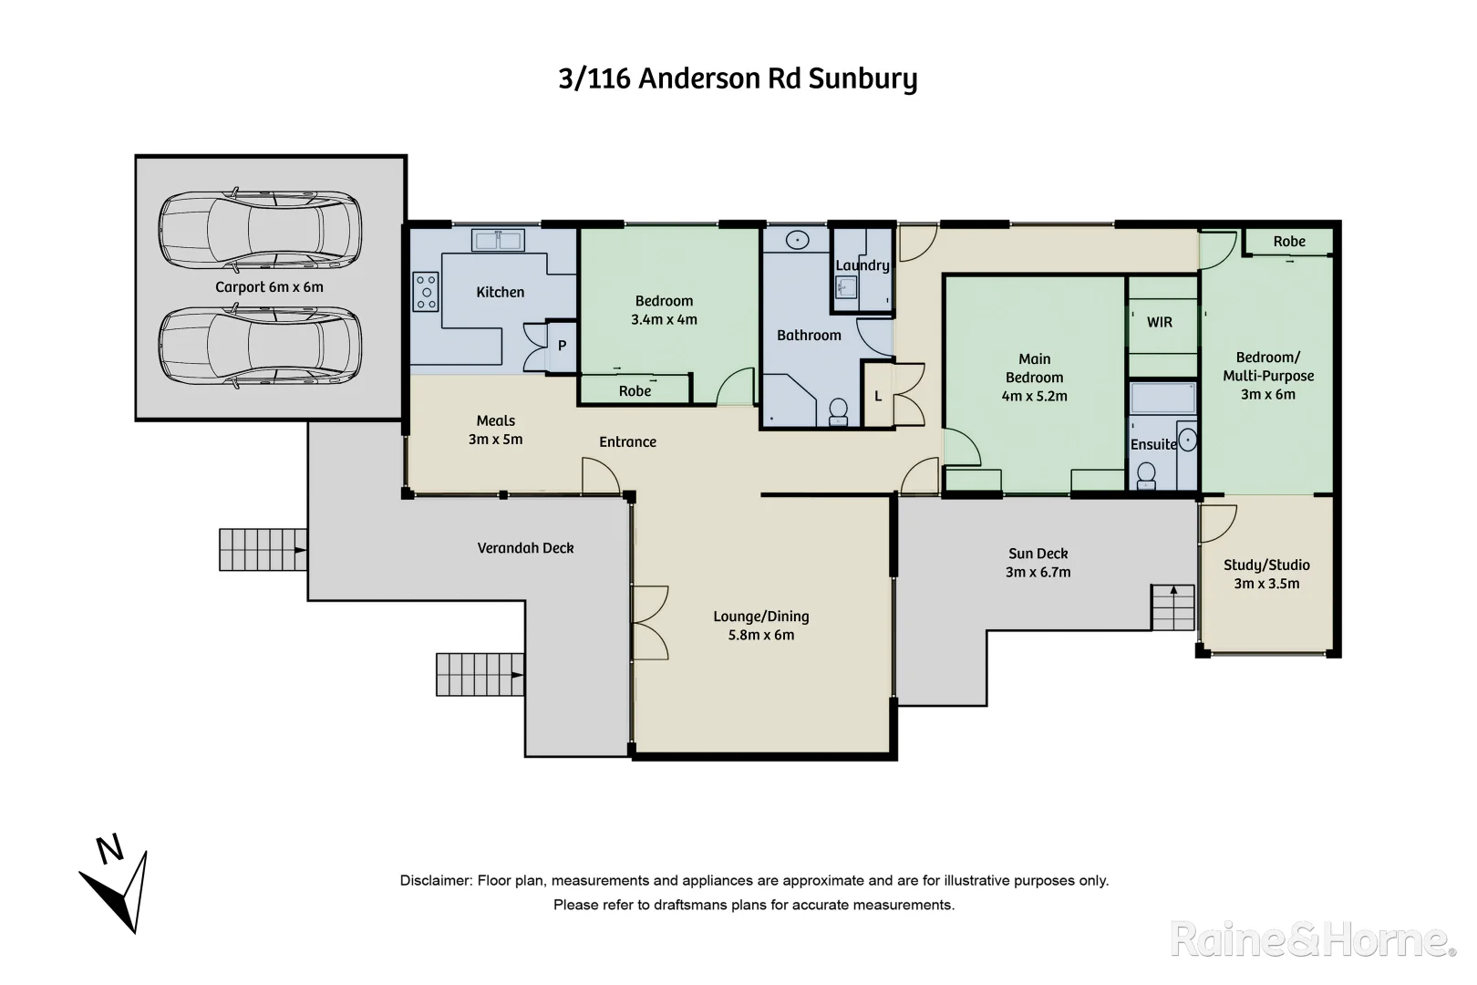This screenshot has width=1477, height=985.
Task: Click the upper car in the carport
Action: coord(260,232)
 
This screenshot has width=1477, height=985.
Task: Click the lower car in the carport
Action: coord(260,347)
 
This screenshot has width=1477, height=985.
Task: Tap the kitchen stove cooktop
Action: coord(426,292)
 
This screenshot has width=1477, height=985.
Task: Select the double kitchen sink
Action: coord(497,241)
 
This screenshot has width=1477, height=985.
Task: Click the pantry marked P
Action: coord(562,346)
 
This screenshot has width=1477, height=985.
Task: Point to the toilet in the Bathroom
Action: coord(837,411)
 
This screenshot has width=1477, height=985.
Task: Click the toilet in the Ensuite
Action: coord(1147,475)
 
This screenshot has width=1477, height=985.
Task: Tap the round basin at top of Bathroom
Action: coord(798,241)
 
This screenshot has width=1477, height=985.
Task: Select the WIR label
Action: coord(1160,322)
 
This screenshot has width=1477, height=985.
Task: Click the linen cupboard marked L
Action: coord(878,396)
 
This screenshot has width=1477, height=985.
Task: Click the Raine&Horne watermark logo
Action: coord(1313,939)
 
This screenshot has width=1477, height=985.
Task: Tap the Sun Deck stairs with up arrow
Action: coord(1172,607)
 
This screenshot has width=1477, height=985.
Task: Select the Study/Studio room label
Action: coord(1266,565)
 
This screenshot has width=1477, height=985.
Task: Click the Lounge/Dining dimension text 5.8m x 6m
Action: coord(761,636)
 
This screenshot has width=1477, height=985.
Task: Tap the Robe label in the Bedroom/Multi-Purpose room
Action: coord(1289,242)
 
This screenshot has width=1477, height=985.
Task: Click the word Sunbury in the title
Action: coord(862,79)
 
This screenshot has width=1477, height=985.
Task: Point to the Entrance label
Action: coord(627,442)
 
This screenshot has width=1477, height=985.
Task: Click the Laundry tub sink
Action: coord(846,288)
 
